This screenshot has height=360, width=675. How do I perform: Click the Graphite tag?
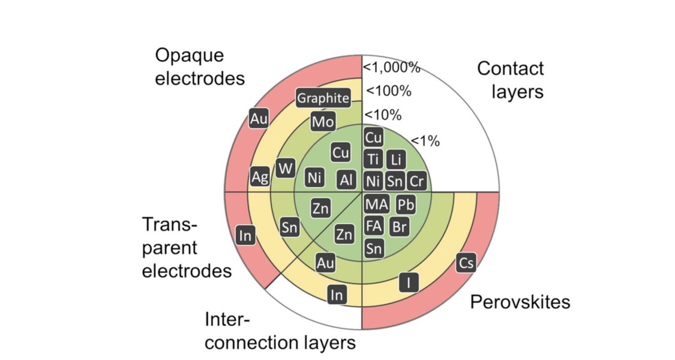click(323, 98)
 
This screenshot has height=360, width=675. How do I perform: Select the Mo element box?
click(323, 122)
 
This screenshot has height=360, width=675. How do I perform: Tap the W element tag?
click(285, 169)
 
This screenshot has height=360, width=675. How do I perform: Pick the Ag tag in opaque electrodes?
click(260, 176)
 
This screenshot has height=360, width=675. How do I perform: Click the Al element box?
click(347, 179)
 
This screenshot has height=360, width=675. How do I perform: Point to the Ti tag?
click(373, 160)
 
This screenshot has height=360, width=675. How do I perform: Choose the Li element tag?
click(396, 160)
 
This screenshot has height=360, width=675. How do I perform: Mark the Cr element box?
click(416, 181)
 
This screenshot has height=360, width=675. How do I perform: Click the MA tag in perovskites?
click(377, 204)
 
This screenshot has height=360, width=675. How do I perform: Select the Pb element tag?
click(406, 205)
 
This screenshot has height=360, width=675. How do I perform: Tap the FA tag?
click(374, 226)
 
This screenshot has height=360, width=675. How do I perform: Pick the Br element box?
click(400, 227)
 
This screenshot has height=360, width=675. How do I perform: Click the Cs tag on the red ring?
click(466, 263)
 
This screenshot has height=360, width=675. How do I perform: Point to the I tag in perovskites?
click(409, 283)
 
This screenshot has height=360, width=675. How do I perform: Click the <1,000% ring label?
click(391, 67)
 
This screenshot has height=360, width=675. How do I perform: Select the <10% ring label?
click(383, 115)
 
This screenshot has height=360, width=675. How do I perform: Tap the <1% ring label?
click(425, 141)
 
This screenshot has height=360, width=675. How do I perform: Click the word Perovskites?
click(520, 302)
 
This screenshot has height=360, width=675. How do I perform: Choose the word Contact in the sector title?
click(511, 68)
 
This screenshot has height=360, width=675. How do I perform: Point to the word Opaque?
click(190, 56)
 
